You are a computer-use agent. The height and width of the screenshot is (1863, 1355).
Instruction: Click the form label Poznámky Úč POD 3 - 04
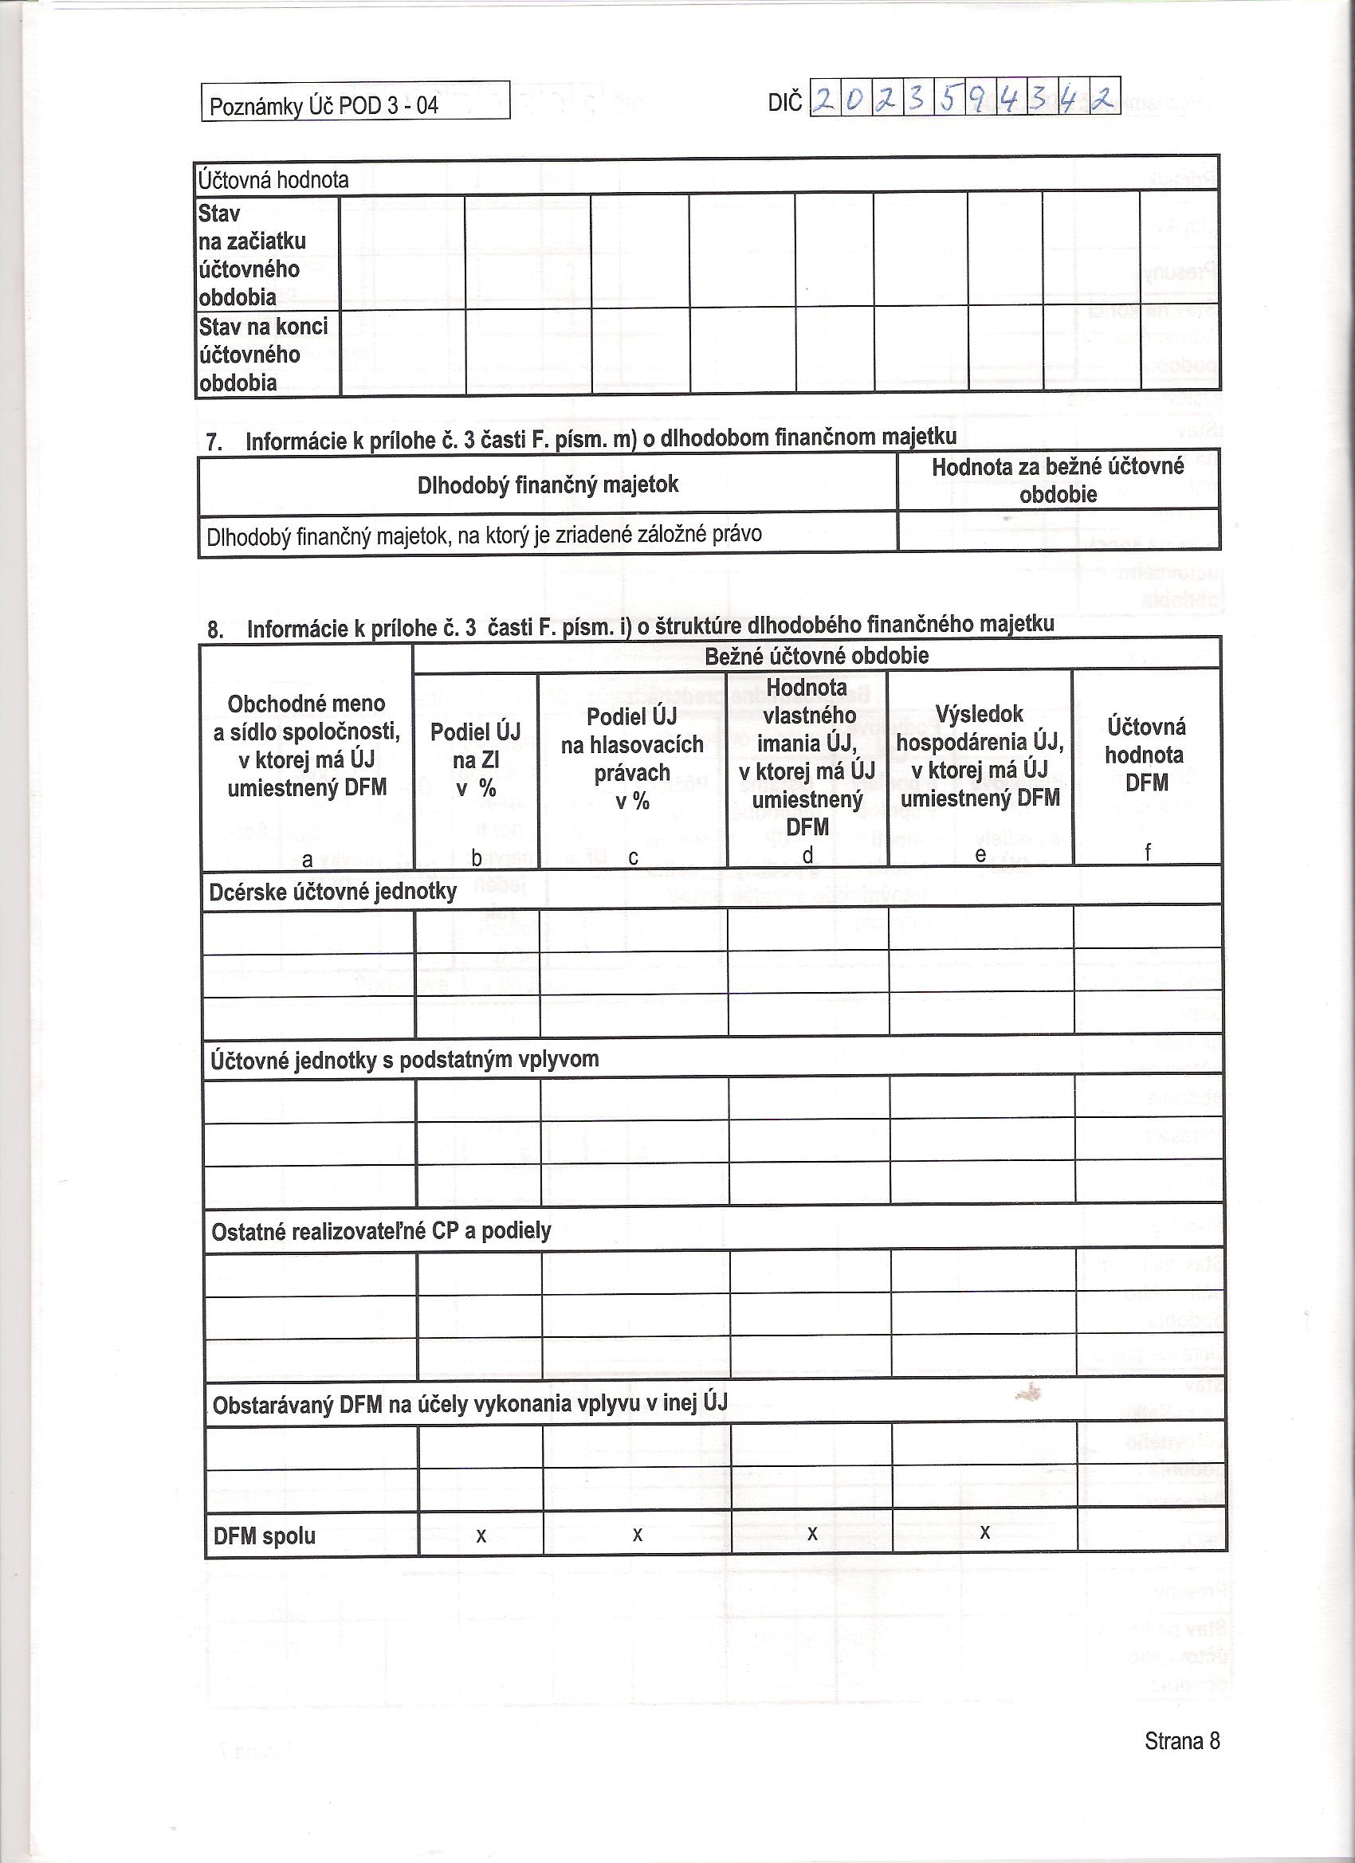click(324, 106)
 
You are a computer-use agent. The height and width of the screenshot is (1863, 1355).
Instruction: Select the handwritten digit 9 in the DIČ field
click(980, 100)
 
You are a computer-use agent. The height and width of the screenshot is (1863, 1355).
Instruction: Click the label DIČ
click(785, 103)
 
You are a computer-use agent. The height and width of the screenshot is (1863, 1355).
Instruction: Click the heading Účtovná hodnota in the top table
click(273, 180)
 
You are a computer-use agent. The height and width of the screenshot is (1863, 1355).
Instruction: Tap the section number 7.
click(214, 442)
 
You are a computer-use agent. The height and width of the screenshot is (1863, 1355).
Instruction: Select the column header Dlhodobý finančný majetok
click(548, 484)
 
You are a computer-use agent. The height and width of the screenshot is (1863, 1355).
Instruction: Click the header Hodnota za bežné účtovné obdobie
click(1058, 480)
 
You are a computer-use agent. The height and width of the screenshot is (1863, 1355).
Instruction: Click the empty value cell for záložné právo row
click(1058, 531)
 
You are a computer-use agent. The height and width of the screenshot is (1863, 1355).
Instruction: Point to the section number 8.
click(214, 630)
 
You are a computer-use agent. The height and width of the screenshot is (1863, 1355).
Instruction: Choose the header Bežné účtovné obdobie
click(817, 656)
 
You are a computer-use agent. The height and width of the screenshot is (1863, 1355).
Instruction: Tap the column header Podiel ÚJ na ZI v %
click(476, 759)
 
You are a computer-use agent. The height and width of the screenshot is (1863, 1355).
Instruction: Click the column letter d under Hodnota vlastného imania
click(807, 856)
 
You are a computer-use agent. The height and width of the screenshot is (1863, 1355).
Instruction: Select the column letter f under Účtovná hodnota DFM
click(1147, 853)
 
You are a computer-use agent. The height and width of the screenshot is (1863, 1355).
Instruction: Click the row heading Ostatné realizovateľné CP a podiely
click(381, 1230)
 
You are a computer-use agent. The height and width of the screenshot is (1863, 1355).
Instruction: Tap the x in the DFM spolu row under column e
click(984, 1532)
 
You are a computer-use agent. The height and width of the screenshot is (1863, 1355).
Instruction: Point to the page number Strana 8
click(1181, 1740)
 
